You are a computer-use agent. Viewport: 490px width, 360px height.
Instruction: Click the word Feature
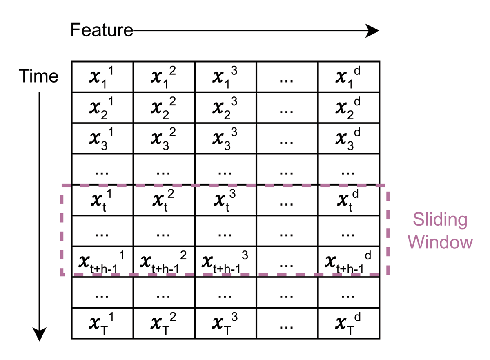[x=102, y=30]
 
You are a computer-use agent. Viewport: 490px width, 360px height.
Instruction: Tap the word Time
[x=38, y=76]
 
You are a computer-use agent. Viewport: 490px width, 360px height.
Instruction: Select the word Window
[x=440, y=242]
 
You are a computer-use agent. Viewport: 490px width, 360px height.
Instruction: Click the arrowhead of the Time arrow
[x=39, y=334]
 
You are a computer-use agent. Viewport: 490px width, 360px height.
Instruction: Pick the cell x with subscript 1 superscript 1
[x=102, y=77]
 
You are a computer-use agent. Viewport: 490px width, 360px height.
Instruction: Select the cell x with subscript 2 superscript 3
[x=225, y=108]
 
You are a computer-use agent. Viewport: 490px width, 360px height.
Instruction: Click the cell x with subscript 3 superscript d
[x=349, y=139]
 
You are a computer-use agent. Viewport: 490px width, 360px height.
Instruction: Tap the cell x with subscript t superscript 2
[x=164, y=200]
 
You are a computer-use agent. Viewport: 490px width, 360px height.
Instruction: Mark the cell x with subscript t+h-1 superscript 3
[x=225, y=262]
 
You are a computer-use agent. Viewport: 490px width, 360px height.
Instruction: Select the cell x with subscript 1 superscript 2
[x=164, y=77]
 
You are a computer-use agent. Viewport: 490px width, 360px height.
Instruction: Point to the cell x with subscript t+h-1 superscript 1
[x=102, y=262]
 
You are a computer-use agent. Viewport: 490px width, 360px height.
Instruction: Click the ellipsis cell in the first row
[x=287, y=77]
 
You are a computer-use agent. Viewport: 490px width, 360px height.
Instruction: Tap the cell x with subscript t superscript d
[x=349, y=200]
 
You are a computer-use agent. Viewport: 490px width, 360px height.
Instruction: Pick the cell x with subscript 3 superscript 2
[x=164, y=139]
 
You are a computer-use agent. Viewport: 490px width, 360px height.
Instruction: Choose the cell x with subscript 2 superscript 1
[x=102, y=108]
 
